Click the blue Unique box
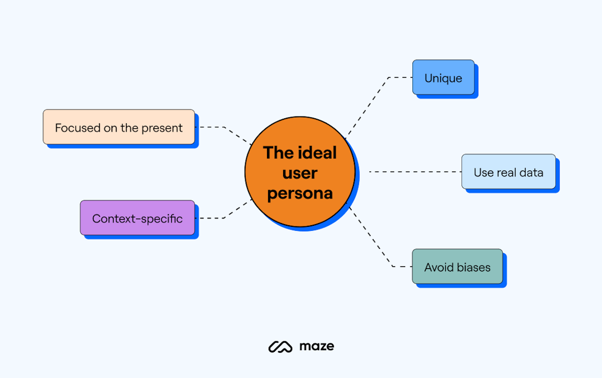click(x=443, y=77)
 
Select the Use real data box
click(x=508, y=172)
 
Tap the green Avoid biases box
click(x=457, y=266)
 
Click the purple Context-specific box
click(x=137, y=218)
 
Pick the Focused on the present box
click(x=119, y=127)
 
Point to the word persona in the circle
click(x=300, y=193)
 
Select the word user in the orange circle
click(x=300, y=173)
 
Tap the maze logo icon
click(x=280, y=346)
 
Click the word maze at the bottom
click(x=317, y=346)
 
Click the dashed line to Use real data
click(x=415, y=172)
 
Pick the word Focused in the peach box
click(x=77, y=128)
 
